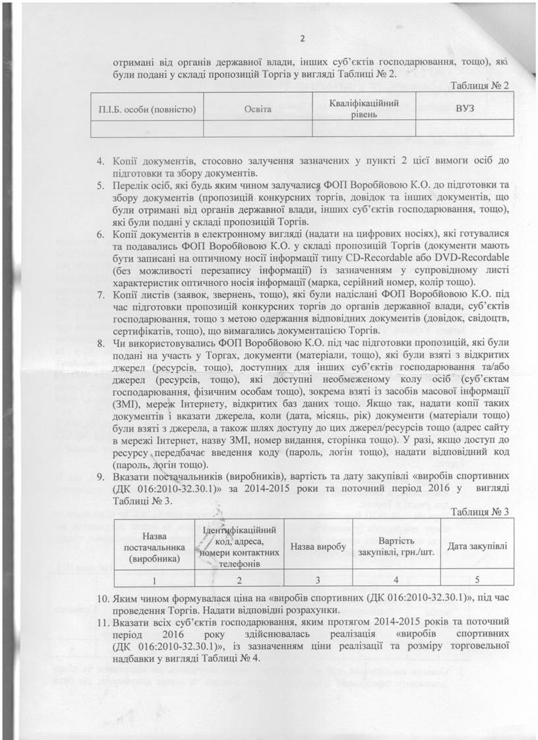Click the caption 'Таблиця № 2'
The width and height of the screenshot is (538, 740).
[481, 86]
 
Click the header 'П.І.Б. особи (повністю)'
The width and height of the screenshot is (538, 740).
[146, 107]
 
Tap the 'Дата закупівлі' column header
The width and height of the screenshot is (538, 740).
[478, 547]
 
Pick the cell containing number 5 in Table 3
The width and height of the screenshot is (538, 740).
[478, 579]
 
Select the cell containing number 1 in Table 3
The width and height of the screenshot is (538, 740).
[154, 579]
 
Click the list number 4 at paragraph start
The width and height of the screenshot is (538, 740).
[100, 160]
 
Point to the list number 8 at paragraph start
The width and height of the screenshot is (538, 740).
[100, 343]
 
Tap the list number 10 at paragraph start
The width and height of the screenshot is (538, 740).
[100, 598]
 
